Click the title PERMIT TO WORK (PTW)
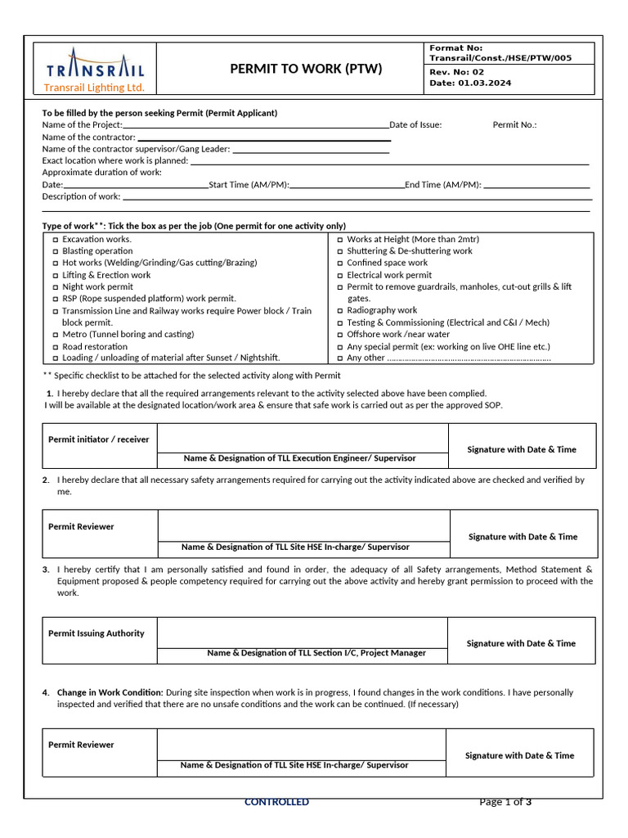click(x=306, y=69)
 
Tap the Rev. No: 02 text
click(x=456, y=72)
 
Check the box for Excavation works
click(x=56, y=240)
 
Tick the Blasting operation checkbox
click(x=56, y=251)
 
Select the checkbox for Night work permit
click(x=56, y=287)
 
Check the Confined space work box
click(x=340, y=264)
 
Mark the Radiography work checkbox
click(x=340, y=311)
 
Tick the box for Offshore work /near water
click(x=340, y=335)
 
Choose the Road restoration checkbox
click(x=56, y=347)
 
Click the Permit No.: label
click(x=514, y=124)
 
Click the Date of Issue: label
click(x=415, y=124)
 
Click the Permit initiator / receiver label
click(x=99, y=439)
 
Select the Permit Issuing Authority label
click(x=96, y=633)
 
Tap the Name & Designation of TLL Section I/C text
click(x=316, y=653)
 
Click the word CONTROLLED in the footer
click(x=276, y=802)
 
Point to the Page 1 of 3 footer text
click(x=505, y=802)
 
